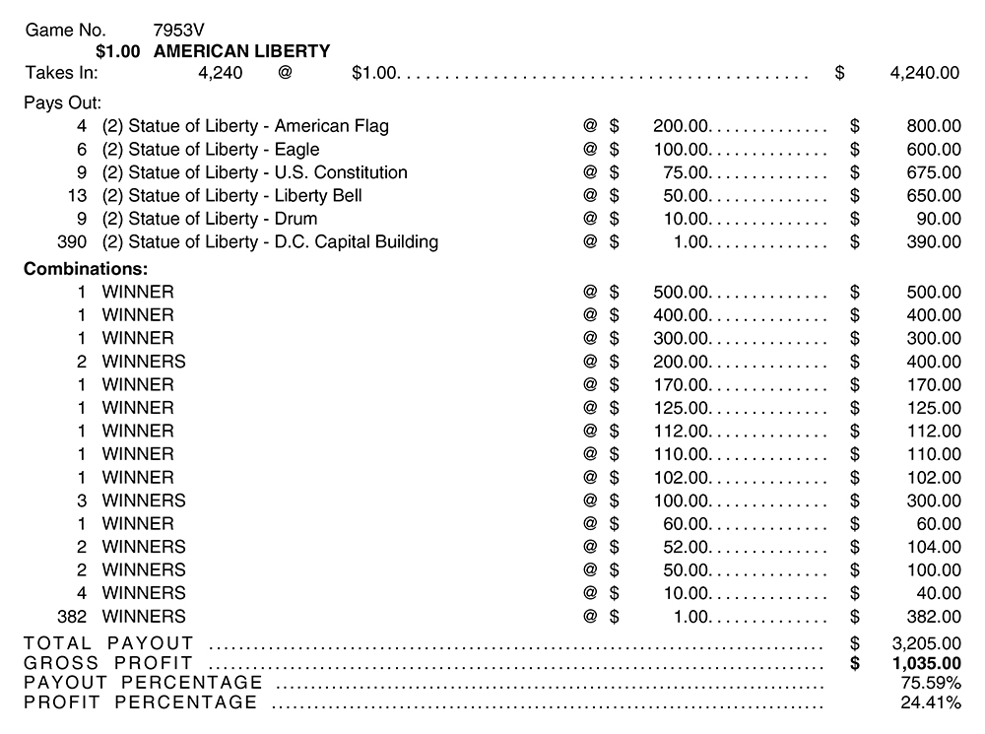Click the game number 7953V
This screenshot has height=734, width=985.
tap(180, 30)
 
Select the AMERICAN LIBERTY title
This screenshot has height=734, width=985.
tap(242, 51)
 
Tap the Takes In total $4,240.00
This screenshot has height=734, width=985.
tap(923, 72)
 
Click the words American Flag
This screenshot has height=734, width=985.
tap(331, 126)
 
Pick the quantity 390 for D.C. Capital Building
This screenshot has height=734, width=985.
tap(72, 241)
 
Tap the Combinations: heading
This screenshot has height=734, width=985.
tap(86, 269)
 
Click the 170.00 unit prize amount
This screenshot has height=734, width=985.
tap(681, 384)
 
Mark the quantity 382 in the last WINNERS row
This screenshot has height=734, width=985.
tap(72, 616)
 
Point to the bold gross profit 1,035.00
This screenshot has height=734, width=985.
tap(925, 663)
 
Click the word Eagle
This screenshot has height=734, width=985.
tap(296, 149)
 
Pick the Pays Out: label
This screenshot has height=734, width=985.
tap(62, 102)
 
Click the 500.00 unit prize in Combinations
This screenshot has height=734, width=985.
tap(681, 292)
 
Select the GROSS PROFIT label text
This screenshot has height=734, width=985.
tap(108, 663)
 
